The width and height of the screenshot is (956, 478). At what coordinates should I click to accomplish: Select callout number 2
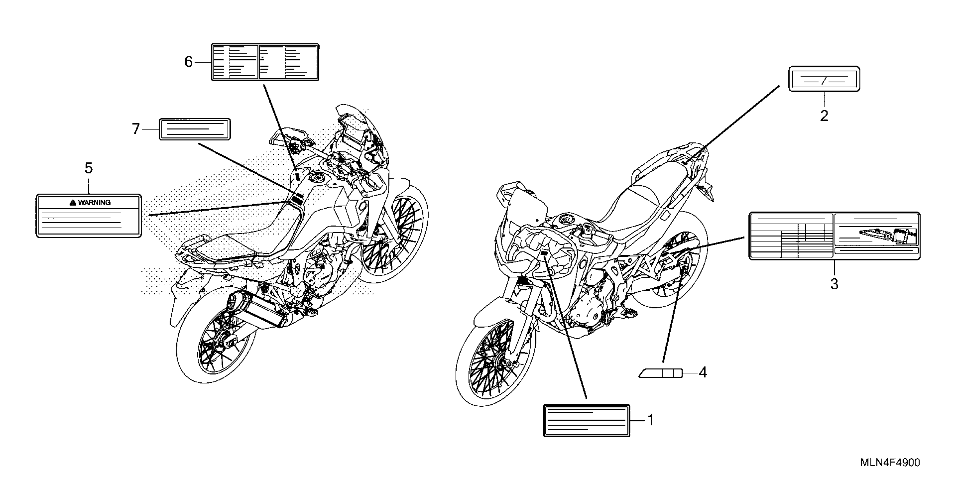point(824,116)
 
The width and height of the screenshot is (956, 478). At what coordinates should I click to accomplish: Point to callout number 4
point(703,372)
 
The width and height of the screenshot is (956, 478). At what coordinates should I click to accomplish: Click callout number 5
point(88,168)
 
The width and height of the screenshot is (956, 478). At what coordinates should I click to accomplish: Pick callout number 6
point(188,62)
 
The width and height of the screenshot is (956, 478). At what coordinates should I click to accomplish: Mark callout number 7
point(136,129)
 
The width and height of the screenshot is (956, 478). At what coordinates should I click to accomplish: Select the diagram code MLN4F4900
point(890,463)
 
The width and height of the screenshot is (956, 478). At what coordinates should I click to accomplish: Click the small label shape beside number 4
point(660,373)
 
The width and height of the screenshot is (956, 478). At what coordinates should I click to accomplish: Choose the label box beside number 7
point(195,129)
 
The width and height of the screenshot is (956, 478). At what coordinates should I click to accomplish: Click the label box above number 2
point(824,79)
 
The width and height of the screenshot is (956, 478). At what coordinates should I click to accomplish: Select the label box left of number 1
point(586,420)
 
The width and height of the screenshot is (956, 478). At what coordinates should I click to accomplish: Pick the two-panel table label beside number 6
point(265,62)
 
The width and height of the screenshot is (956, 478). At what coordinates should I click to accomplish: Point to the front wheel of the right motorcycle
point(495,362)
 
